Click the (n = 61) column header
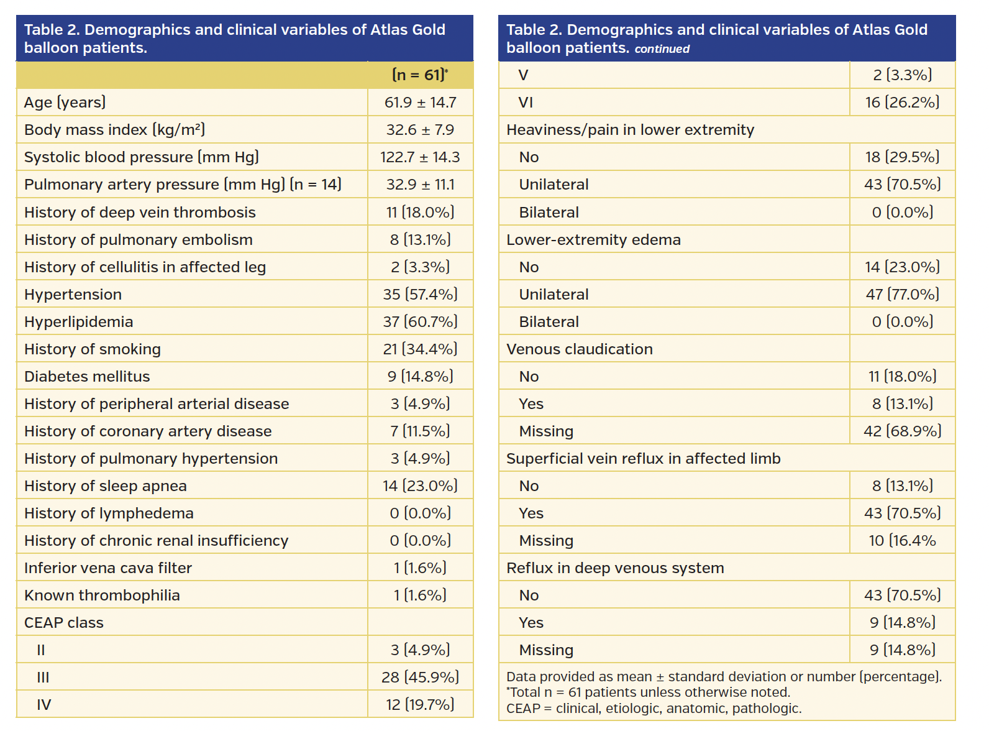click(419, 75)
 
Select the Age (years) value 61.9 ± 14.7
click(420, 103)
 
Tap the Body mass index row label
click(114, 130)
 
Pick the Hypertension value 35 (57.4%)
click(420, 295)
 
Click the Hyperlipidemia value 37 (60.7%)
click(420, 322)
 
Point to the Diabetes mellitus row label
click(87, 377)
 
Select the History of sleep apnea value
click(420, 486)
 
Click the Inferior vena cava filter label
click(108, 568)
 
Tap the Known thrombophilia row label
click(102, 595)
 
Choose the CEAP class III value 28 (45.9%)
click(420, 678)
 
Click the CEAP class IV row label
click(43, 705)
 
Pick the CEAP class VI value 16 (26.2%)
click(902, 103)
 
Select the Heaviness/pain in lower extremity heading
click(630, 130)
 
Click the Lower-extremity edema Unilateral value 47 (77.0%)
click(902, 295)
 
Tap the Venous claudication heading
click(579, 349)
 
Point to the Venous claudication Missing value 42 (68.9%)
click(902, 431)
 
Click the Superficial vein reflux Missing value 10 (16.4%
click(902, 541)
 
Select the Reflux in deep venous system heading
click(615, 568)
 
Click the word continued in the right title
click(662, 49)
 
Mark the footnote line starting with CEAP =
click(654, 709)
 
